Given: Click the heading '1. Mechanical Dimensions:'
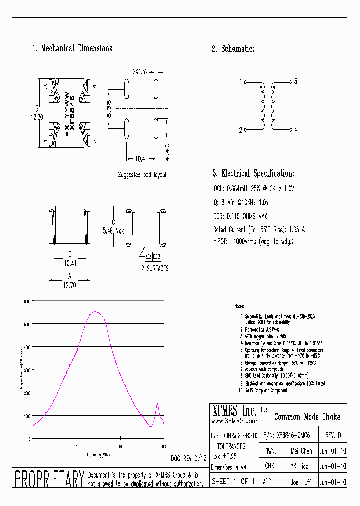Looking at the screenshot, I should point(73,49).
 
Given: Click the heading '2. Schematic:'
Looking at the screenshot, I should point(233,49).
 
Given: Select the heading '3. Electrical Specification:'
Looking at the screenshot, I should point(253,174).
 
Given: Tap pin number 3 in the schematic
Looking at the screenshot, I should point(296,81).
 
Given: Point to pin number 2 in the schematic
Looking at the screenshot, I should point(241,130).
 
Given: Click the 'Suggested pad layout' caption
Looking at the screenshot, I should point(142,175).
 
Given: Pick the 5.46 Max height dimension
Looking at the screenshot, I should point(114,231).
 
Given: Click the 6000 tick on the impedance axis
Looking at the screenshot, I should point(27,301).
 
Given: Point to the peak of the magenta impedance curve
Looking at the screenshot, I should point(95,312).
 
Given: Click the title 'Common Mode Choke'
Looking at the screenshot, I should point(307,417).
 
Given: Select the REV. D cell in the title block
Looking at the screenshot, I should point(333,435).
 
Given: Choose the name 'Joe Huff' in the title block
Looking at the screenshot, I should point(301,483).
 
